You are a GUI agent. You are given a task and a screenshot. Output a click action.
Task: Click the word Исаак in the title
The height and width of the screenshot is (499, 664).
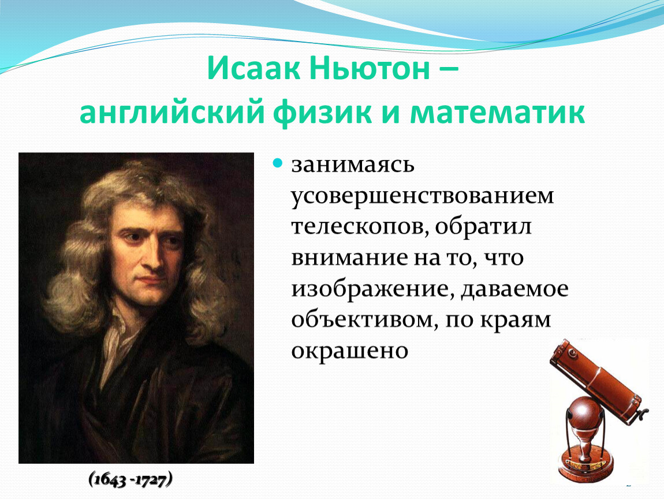[x=253, y=68]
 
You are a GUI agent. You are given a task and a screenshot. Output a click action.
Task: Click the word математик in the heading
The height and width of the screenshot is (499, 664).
[x=497, y=113]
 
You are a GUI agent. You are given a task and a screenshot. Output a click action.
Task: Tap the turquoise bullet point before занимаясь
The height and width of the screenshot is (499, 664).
[x=277, y=163]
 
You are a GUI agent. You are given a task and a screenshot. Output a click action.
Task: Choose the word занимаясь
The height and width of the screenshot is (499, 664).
[x=352, y=165]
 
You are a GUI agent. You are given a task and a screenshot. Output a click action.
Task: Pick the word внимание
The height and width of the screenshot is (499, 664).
[x=349, y=258]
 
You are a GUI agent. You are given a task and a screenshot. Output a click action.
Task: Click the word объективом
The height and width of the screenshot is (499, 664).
[x=364, y=319]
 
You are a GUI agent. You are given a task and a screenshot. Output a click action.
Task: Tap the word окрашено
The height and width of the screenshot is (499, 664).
[x=349, y=351]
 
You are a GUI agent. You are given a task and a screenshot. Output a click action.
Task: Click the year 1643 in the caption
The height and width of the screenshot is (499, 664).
[x=110, y=480]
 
